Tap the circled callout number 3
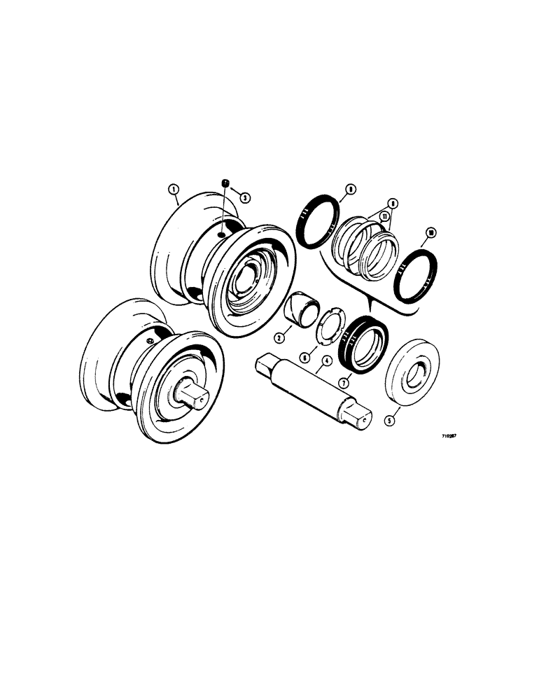(244, 197)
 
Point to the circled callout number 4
(325, 363)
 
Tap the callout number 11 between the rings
(384, 218)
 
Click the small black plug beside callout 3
(226, 183)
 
